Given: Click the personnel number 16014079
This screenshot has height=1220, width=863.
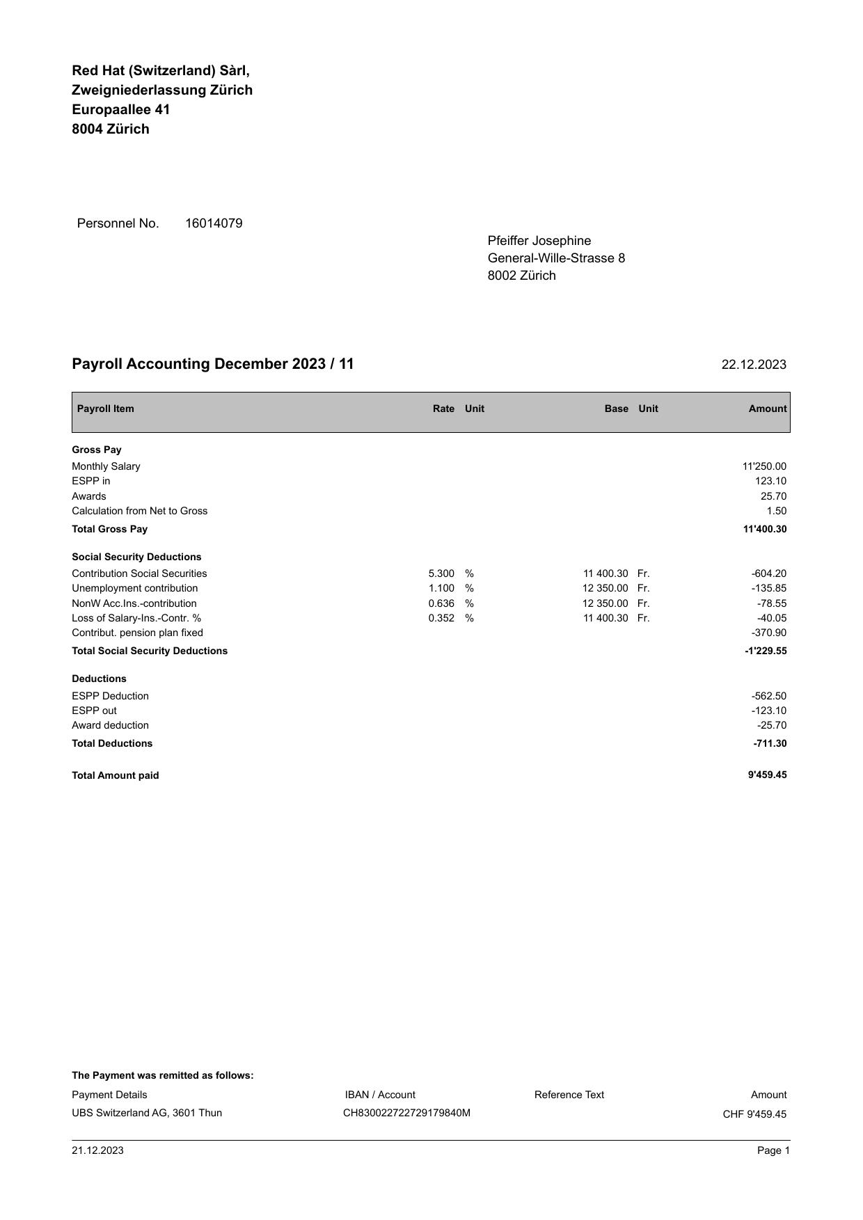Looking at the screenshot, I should tap(214, 223).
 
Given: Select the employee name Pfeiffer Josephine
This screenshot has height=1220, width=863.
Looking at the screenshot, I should tap(539, 241).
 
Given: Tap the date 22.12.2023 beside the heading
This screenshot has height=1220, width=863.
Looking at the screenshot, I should tap(754, 365).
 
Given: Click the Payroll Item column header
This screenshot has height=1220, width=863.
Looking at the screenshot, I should tap(105, 409).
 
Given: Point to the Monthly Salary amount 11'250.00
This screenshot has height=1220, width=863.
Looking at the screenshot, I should tap(764, 466).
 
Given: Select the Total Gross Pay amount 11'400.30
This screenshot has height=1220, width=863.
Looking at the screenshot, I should tap(764, 529).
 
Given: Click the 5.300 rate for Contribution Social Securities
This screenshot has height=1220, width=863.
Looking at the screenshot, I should tap(441, 573).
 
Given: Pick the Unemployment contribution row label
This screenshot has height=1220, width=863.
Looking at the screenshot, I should tap(134, 588).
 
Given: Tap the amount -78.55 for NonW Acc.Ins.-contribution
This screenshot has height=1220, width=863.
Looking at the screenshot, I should tap(771, 603).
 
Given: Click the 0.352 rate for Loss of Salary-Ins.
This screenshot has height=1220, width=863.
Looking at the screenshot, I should tap(441, 618).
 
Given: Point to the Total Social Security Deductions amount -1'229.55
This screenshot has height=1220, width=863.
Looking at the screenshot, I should tap(765, 651).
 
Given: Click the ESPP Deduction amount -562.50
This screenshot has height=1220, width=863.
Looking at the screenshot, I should tap(768, 696).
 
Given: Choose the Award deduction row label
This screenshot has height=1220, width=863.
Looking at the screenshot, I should tap(110, 725).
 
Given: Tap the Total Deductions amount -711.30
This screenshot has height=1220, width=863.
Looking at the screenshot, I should tap(769, 743).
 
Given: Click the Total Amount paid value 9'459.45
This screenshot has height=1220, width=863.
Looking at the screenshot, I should tap(767, 775).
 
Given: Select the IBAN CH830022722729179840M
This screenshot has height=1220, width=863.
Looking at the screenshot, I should tap(406, 1113).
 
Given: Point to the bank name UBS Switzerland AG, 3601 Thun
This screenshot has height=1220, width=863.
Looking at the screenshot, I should tap(147, 1113).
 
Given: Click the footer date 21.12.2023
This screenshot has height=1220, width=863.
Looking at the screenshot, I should tap(97, 1150).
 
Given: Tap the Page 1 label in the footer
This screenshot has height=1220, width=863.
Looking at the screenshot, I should tap(773, 1150).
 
